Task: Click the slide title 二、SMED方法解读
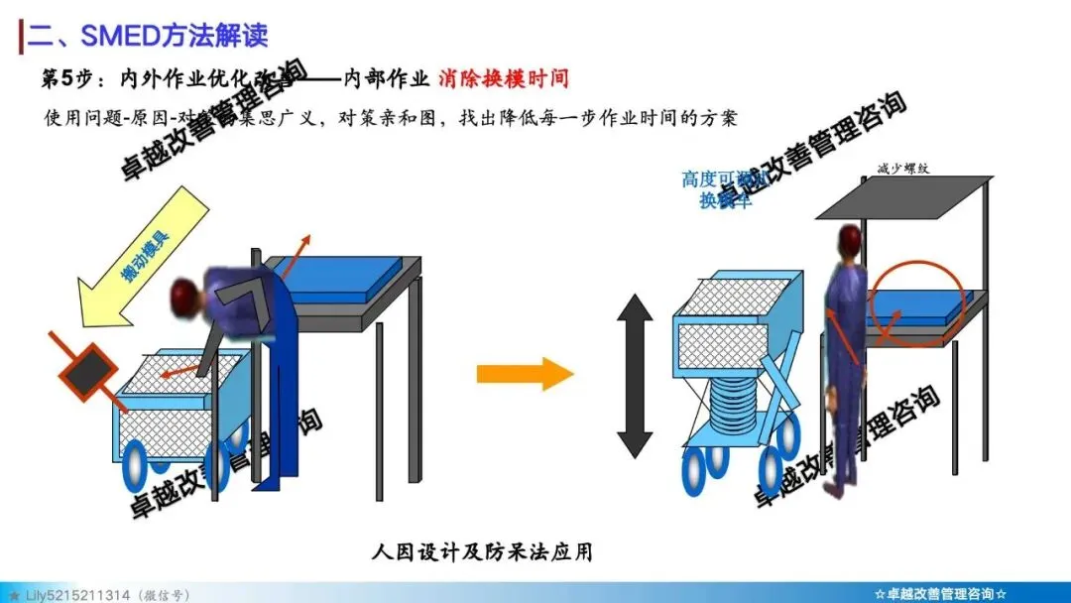(x=149, y=37)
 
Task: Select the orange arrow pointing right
(x=525, y=374)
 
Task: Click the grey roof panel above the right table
(x=902, y=197)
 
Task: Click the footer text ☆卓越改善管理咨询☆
(x=941, y=593)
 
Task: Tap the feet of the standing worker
(x=843, y=483)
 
